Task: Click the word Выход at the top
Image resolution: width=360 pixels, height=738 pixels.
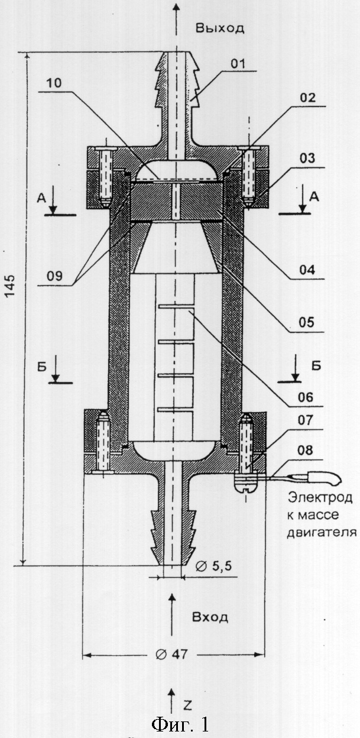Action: point(220,28)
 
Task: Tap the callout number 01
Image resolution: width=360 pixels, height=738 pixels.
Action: point(238,64)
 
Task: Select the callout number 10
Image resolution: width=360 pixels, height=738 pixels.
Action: point(54,83)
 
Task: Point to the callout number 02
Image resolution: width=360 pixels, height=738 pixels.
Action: point(307,98)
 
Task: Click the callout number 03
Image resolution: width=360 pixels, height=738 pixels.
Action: point(307,158)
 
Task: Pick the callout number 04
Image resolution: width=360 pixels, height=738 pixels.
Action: point(307,270)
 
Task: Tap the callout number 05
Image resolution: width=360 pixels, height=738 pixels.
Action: point(306,322)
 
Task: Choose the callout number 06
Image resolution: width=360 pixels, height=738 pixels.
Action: point(306,397)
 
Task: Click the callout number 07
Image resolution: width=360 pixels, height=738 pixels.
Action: point(306,420)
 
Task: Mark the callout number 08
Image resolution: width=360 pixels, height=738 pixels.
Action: point(305,450)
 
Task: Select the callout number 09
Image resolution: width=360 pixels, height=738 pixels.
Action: point(54,276)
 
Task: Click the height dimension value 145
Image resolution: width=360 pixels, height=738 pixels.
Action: point(10,285)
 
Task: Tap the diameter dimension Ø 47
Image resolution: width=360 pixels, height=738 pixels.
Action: point(171,654)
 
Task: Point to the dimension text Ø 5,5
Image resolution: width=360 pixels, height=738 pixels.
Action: point(214,566)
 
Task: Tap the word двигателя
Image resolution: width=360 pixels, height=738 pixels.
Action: point(322,532)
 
